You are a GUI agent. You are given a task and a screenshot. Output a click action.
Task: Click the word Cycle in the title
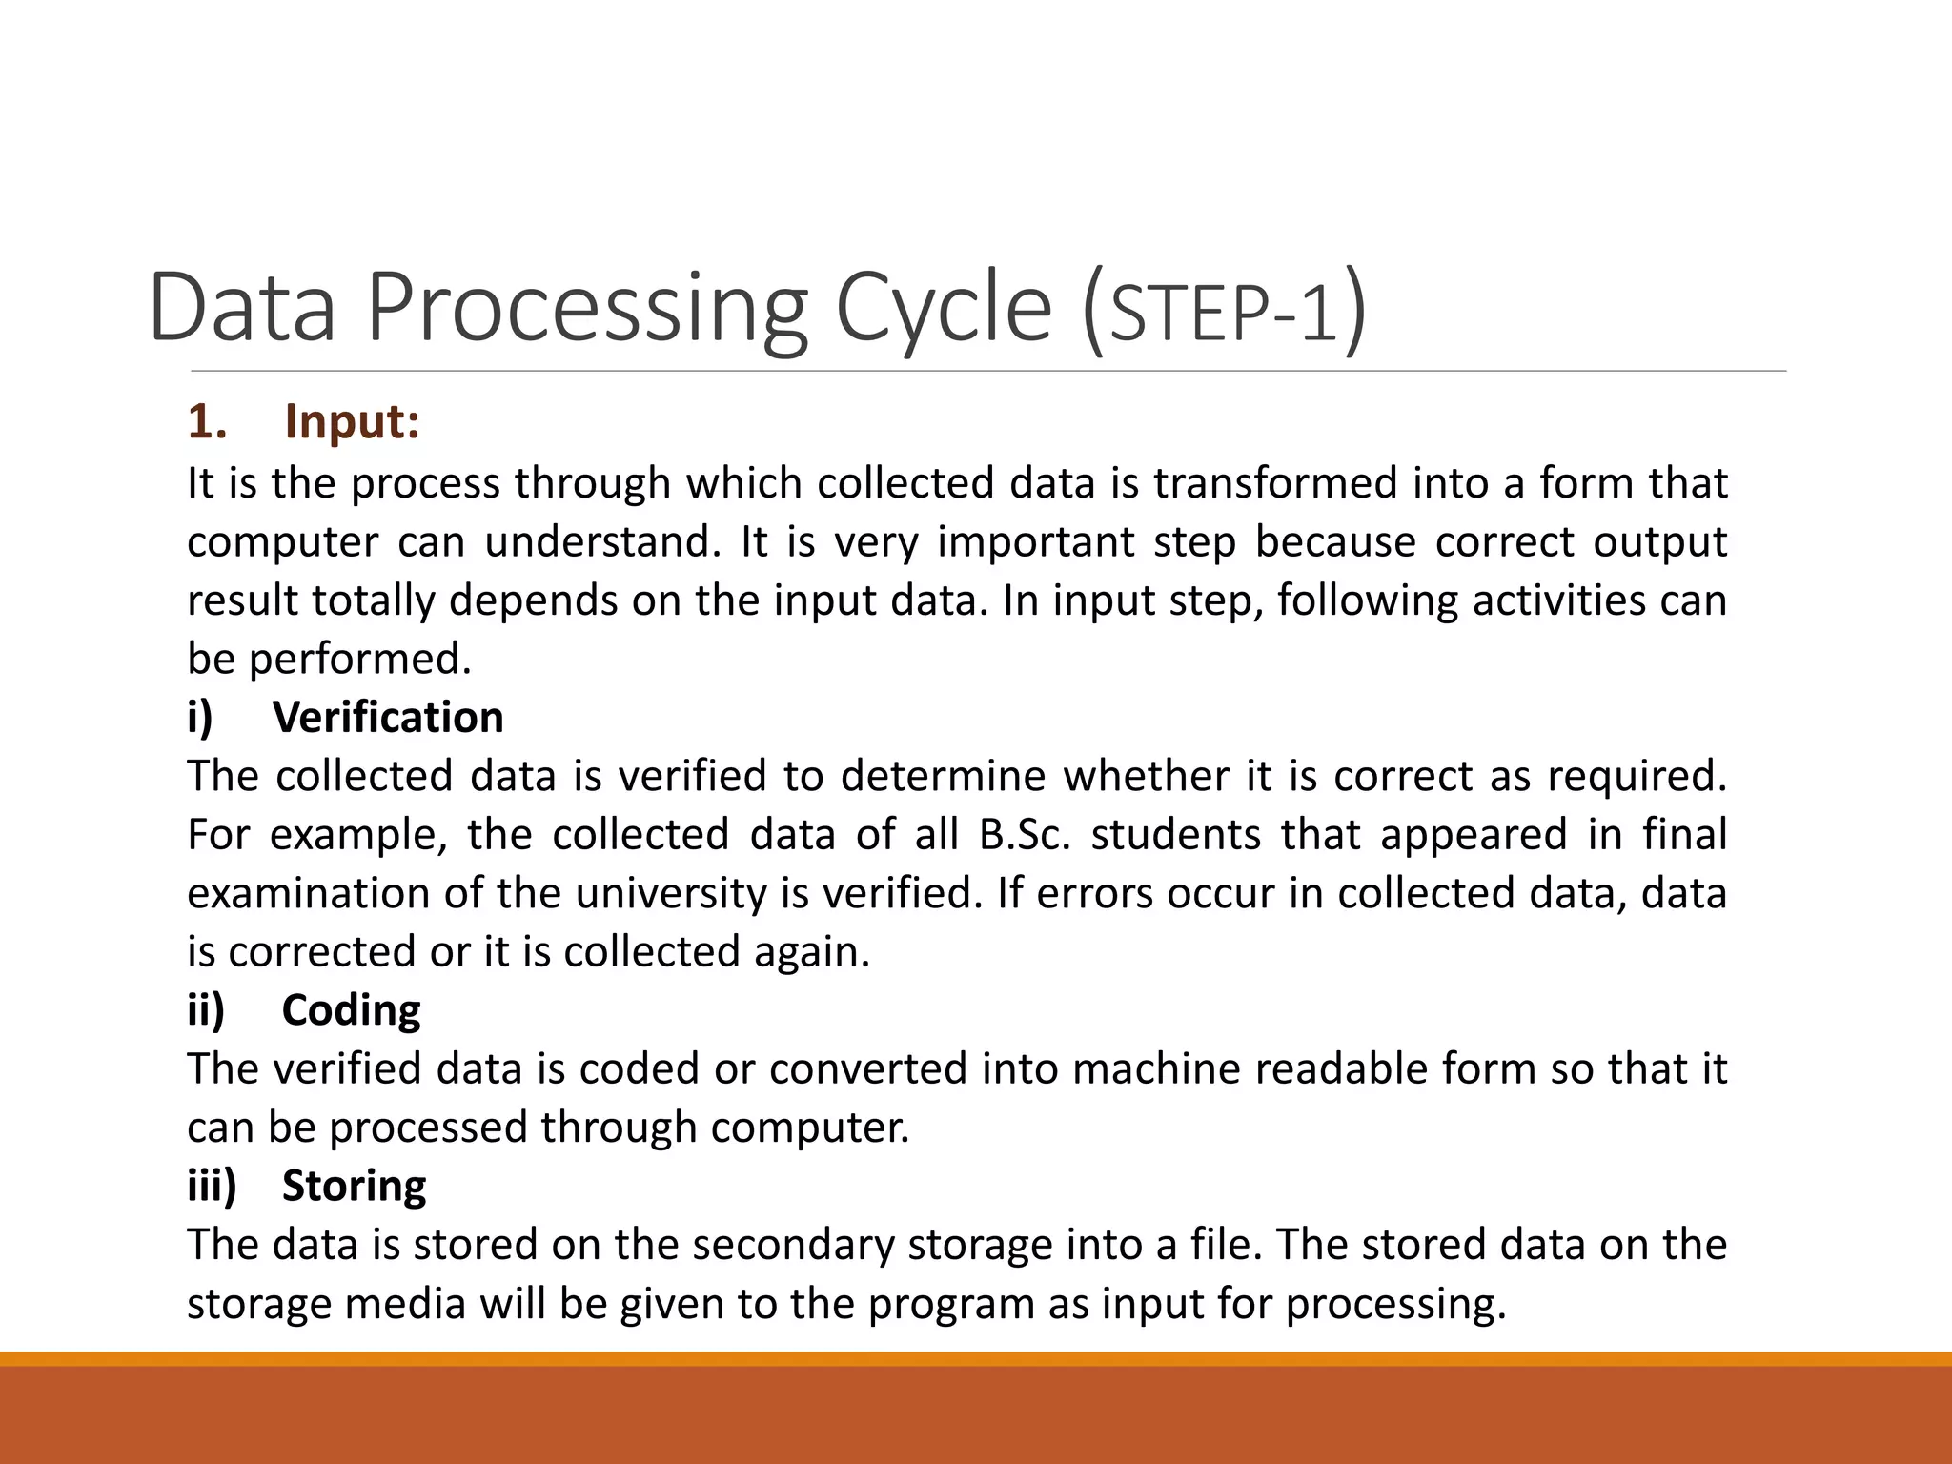tap(944, 310)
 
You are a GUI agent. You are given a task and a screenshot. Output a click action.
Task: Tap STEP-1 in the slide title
tap(1226, 315)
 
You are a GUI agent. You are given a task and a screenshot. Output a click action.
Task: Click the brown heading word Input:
tap(352, 422)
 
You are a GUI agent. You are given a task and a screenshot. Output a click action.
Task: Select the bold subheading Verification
tap(388, 718)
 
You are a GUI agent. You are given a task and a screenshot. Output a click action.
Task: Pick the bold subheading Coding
tap(351, 1010)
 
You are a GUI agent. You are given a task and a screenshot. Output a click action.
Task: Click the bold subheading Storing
tap(354, 1186)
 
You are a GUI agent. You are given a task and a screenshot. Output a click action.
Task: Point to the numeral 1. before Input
tap(207, 422)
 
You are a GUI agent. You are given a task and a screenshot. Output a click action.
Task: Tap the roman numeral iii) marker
tap(212, 1186)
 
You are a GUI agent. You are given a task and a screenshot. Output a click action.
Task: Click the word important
tap(1037, 542)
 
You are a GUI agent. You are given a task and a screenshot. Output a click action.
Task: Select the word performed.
tap(360, 660)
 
